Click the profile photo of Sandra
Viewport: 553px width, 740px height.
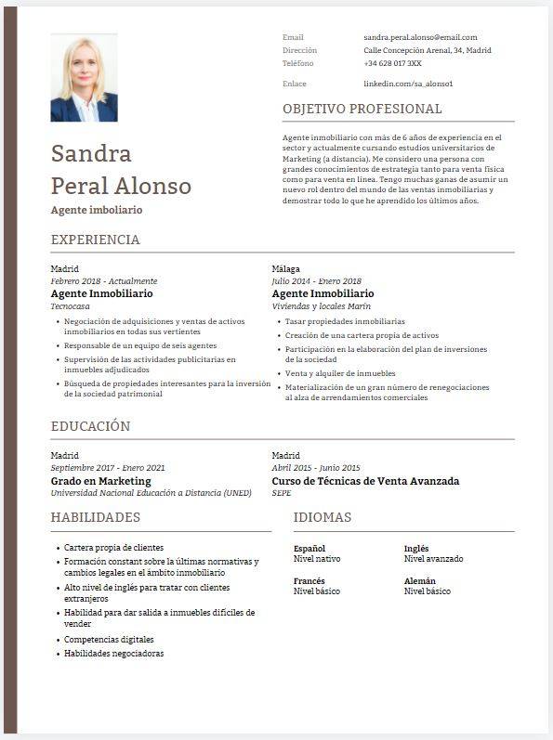coord(84,79)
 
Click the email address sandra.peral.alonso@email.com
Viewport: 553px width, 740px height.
coord(420,37)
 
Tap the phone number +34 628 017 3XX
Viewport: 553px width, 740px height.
coord(392,63)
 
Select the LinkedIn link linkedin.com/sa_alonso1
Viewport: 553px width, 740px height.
coord(408,84)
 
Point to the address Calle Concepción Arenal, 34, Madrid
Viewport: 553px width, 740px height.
coord(428,50)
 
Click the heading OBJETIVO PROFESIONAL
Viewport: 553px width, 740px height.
coord(362,109)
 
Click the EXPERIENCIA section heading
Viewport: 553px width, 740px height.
coord(95,240)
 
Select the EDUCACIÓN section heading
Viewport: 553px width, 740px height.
coord(90,426)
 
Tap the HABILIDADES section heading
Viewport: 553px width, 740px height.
coord(95,517)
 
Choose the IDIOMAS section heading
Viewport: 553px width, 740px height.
coord(322,517)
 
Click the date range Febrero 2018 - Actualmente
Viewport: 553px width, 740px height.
coord(104,281)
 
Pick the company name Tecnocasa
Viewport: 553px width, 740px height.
coord(70,305)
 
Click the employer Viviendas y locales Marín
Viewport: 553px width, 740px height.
coord(321,305)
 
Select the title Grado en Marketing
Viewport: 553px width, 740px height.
coord(100,481)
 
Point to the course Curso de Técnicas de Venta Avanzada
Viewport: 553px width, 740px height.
coord(365,481)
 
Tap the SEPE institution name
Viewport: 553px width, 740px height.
coord(282,493)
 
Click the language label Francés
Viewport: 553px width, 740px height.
coord(309,580)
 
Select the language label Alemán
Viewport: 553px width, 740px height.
coord(420,580)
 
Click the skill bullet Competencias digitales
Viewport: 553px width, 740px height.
coord(109,640)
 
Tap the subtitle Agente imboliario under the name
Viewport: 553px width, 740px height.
coord(97,210)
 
